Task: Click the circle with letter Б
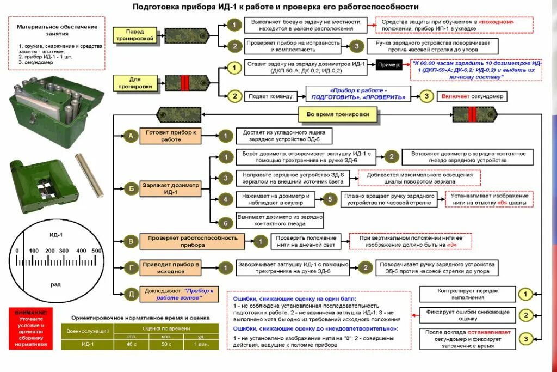point(131,189)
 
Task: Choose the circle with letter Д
point(131,295)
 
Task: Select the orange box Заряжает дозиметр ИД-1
point(170,188)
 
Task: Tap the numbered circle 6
point(224,222)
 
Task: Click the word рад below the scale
point(55,284)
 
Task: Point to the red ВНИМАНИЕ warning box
point(31,328)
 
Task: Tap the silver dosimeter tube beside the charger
point(89,175)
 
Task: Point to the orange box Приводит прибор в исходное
point(170,267)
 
